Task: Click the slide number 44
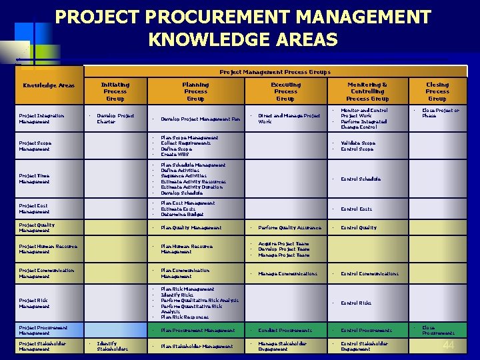[x=449, y=344]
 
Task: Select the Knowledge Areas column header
[x=49, y=85]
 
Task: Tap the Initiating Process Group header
[x=115, y=91]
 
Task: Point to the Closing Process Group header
[x=437, y=91]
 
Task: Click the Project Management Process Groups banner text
[x=275, y=71]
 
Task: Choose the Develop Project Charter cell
[x=115, y=119]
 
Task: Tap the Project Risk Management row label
[x=34, y=303]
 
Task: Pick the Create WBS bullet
[x=175, y=154]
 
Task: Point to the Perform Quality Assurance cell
[x=289, y=227]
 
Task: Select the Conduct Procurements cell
[x=285, y=330]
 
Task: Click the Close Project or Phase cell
[x=441, y=113]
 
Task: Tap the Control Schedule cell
[x=361, y=179]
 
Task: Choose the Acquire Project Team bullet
[x=283, y=244]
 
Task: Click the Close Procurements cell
[x=438, y=330]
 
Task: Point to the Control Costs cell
[x=356, y=209]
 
